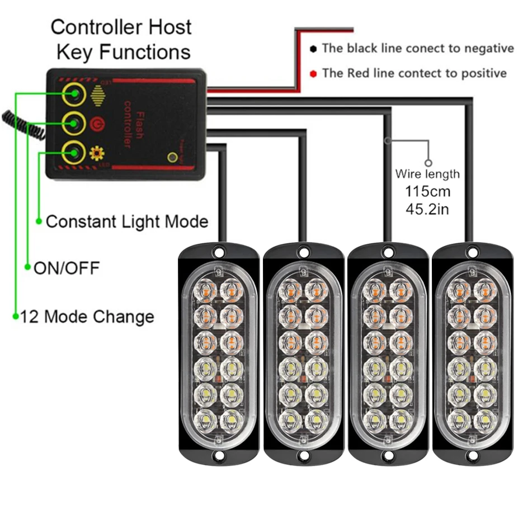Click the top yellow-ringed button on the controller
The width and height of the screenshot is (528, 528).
pyautogui.click(x=73, y=95)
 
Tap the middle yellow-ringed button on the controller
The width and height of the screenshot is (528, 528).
pyautogui.click(x=73, y=122)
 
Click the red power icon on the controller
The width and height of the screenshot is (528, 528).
pyautogui.click(x=95, y=122)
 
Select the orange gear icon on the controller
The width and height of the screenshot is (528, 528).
pyautogui.click(x=95, y=150)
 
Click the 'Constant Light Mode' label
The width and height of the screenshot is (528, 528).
pyautogui.click(x=126, y=221)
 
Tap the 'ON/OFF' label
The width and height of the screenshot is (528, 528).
pyautogui.click(x=66, y=268)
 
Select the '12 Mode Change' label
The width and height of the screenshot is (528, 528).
pyautogui.click(x=87, y=317)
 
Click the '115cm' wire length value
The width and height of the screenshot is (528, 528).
pyautogui.click(x=428, y=192)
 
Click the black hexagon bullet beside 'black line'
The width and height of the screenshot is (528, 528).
pyautogui.click(x=314, y=49)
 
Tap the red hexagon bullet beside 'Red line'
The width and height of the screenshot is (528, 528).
pyautogui.click(x=314, y=73)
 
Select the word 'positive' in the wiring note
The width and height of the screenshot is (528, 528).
pyautogui.click(x=480, y=73)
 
